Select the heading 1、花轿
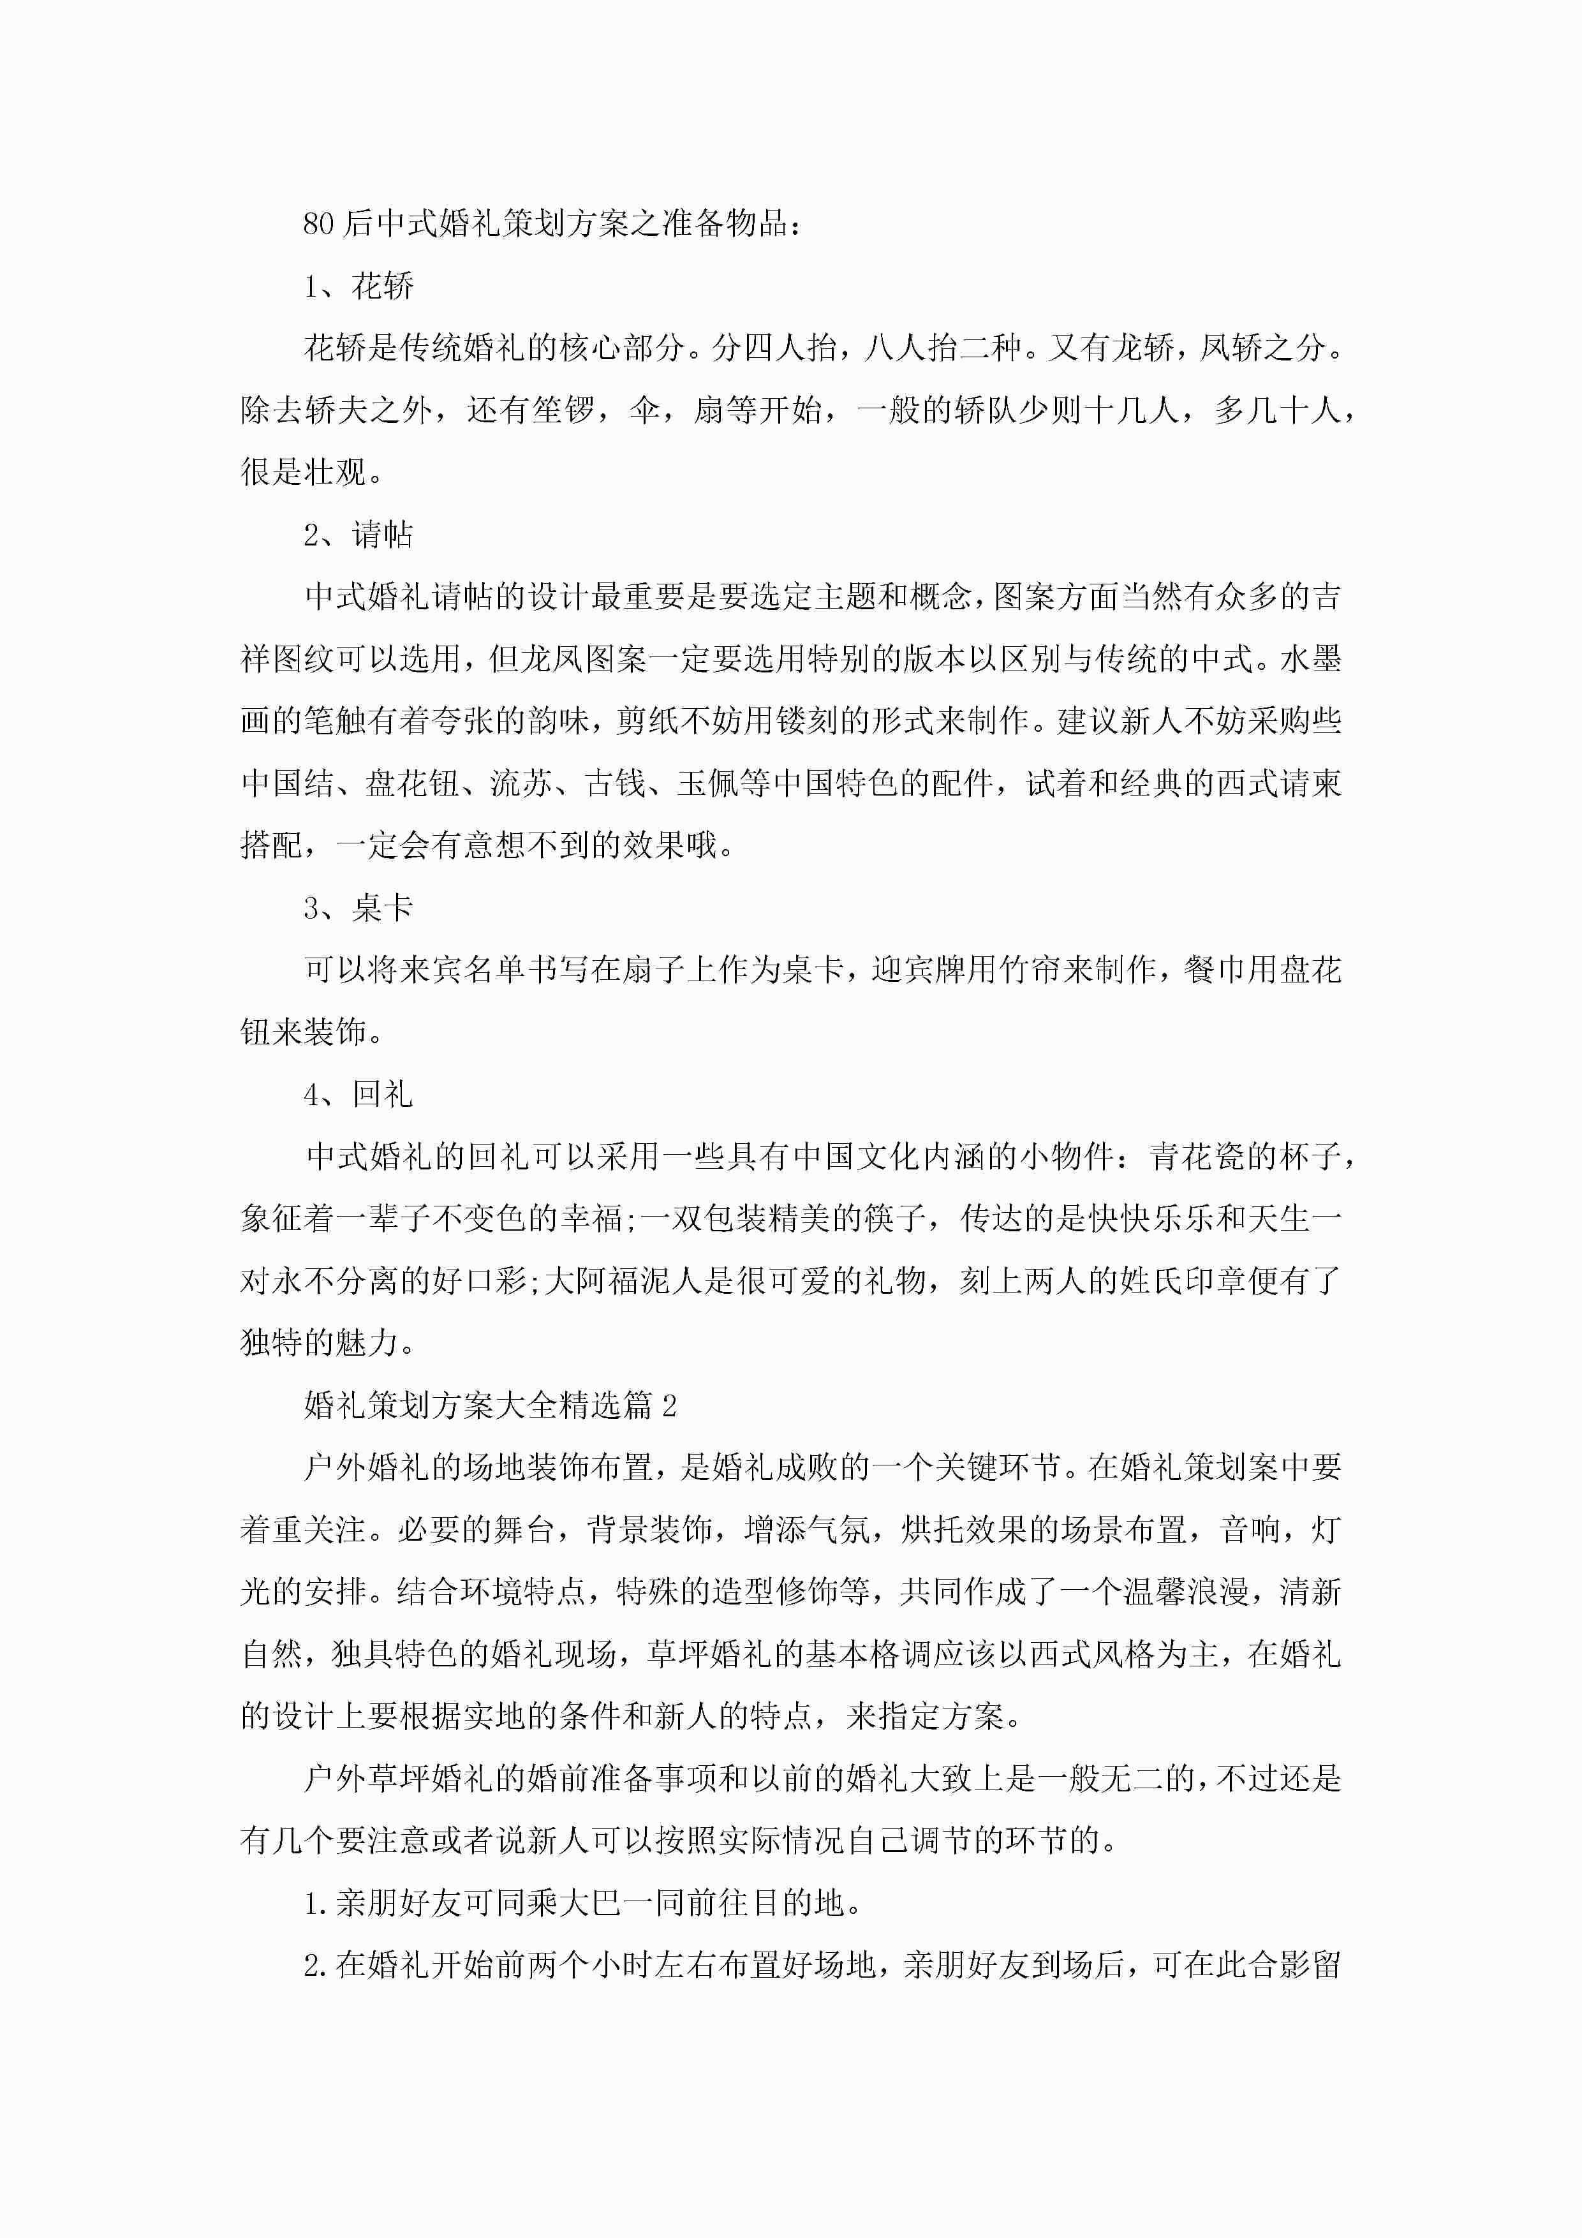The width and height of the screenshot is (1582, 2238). tap(359, 286)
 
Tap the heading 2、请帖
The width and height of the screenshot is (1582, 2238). tap(359, 534)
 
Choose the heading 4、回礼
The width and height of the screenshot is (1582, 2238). tap(359, 1095)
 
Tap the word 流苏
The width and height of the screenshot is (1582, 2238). tap(521, 783)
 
